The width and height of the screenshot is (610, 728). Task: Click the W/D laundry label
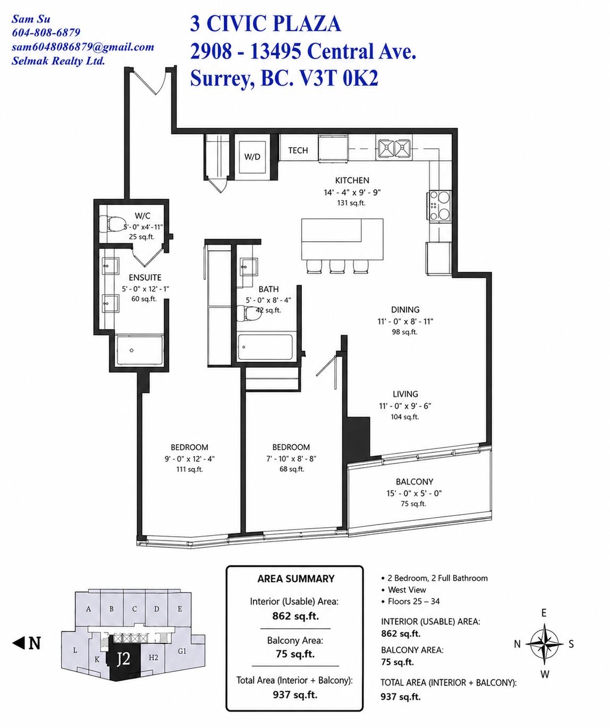click(x=252, y=157)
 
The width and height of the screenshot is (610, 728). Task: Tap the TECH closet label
click(x=298, y=150)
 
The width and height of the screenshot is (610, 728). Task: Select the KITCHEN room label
click(x=352, y=180)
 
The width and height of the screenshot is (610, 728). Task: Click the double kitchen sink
click(x=393, y=148)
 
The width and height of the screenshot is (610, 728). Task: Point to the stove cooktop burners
click(x=439, y=205)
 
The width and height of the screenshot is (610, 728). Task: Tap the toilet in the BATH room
click(x=245, y=313)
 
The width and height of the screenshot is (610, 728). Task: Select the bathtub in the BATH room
click(x=265, y=347)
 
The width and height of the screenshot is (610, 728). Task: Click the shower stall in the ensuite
click(x=139, y=350)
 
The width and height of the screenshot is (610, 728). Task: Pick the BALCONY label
click(x=414, y=481)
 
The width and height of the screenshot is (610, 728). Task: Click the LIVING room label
click(x=405, y=394)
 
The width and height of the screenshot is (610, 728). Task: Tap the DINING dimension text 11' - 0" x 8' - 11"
click(x=405, y=321)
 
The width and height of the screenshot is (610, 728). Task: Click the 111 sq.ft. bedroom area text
click(x=190, y=469)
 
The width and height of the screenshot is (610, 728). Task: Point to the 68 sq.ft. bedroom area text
click(x=292, y=469)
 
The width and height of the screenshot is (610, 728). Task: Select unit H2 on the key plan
click(x=154, y=657)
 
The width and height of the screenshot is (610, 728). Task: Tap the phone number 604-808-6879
click(x=46, y=32)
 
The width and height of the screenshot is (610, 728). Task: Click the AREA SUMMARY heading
click(x=295, y=579)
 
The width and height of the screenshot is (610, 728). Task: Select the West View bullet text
click(x=407, y=590)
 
